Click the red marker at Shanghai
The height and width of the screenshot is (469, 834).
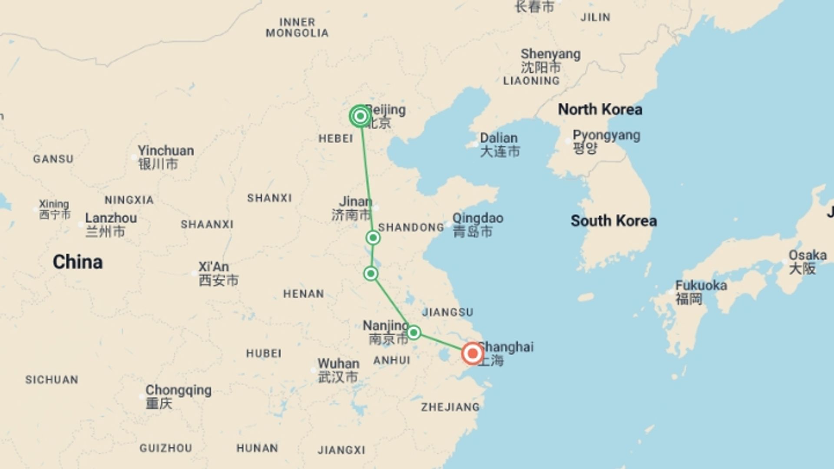point(472,353)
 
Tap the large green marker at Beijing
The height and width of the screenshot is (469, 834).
point(360,116)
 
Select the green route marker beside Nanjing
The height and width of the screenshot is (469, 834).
point(414,333)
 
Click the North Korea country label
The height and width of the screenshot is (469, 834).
point(600,109)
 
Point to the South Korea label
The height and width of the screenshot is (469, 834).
point(613,221)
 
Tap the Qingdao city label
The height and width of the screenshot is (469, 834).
point(478,218)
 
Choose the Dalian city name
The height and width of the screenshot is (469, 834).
point(499,138)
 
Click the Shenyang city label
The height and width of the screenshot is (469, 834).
point(550,54)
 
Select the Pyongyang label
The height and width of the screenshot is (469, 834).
point(606,135)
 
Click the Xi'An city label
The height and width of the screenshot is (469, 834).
point(214,267)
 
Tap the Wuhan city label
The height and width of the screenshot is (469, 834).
point(338,363)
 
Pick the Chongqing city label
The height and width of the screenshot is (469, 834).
point(179,390)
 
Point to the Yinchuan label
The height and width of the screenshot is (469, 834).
point(166,151)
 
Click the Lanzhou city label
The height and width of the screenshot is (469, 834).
point(111,218)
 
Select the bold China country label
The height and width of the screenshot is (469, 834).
point(78,262)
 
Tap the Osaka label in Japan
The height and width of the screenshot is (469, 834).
point(808,255)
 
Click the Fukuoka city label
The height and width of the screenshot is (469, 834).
point(701,285)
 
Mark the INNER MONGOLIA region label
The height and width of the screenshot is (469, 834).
point(297,27)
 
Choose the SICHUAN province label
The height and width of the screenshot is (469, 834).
point(52,380)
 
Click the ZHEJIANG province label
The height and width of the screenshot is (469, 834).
point(450,407)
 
